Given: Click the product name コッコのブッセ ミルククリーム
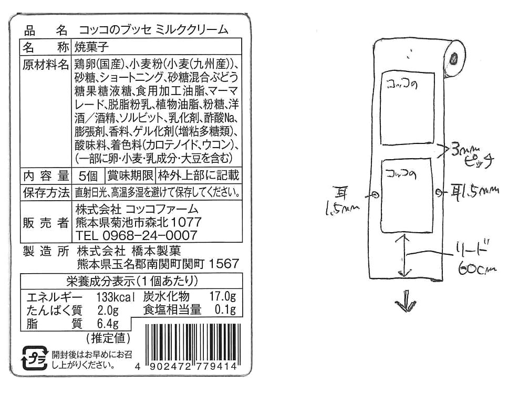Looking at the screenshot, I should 153,30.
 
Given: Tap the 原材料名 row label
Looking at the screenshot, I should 46,65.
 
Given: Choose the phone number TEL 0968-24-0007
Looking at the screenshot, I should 136,235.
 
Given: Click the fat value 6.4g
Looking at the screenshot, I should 107,323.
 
